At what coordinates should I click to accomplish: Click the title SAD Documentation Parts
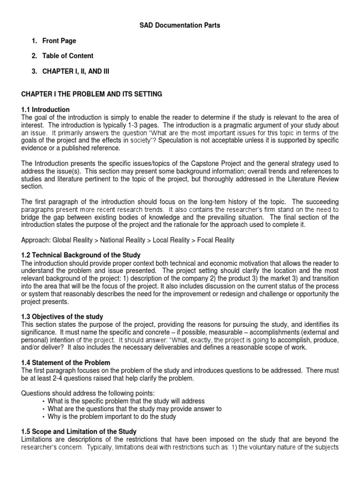click(x=180, y=26)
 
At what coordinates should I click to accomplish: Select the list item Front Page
click(x=59, y=41)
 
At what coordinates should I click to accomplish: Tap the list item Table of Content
click(x=67, y=56)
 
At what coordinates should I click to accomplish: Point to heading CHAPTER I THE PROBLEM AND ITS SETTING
click(x=91, y=94)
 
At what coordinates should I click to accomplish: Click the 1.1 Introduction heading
click(x=45, y=110)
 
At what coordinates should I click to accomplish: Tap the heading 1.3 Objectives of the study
click(x=62, y=317)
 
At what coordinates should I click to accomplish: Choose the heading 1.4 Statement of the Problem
click(x=66, y=363)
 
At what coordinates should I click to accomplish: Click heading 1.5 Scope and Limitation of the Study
click(x=79, y=431)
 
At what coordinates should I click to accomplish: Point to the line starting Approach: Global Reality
click(x=127, y=240)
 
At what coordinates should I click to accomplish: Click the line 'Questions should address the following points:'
click(x=88, y=393)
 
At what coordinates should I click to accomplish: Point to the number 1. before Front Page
click(x=34, y=41)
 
